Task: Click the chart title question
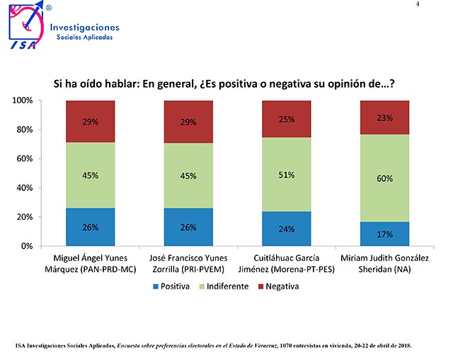point(224,83)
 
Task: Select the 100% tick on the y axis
point(23,100)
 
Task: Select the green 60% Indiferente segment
point(385,178)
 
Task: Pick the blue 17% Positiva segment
point(385,234)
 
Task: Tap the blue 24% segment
point(287,228)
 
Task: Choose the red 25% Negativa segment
point(287,119)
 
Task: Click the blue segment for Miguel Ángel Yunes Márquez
point(91,227)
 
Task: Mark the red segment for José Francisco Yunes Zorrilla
point(188,122)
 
